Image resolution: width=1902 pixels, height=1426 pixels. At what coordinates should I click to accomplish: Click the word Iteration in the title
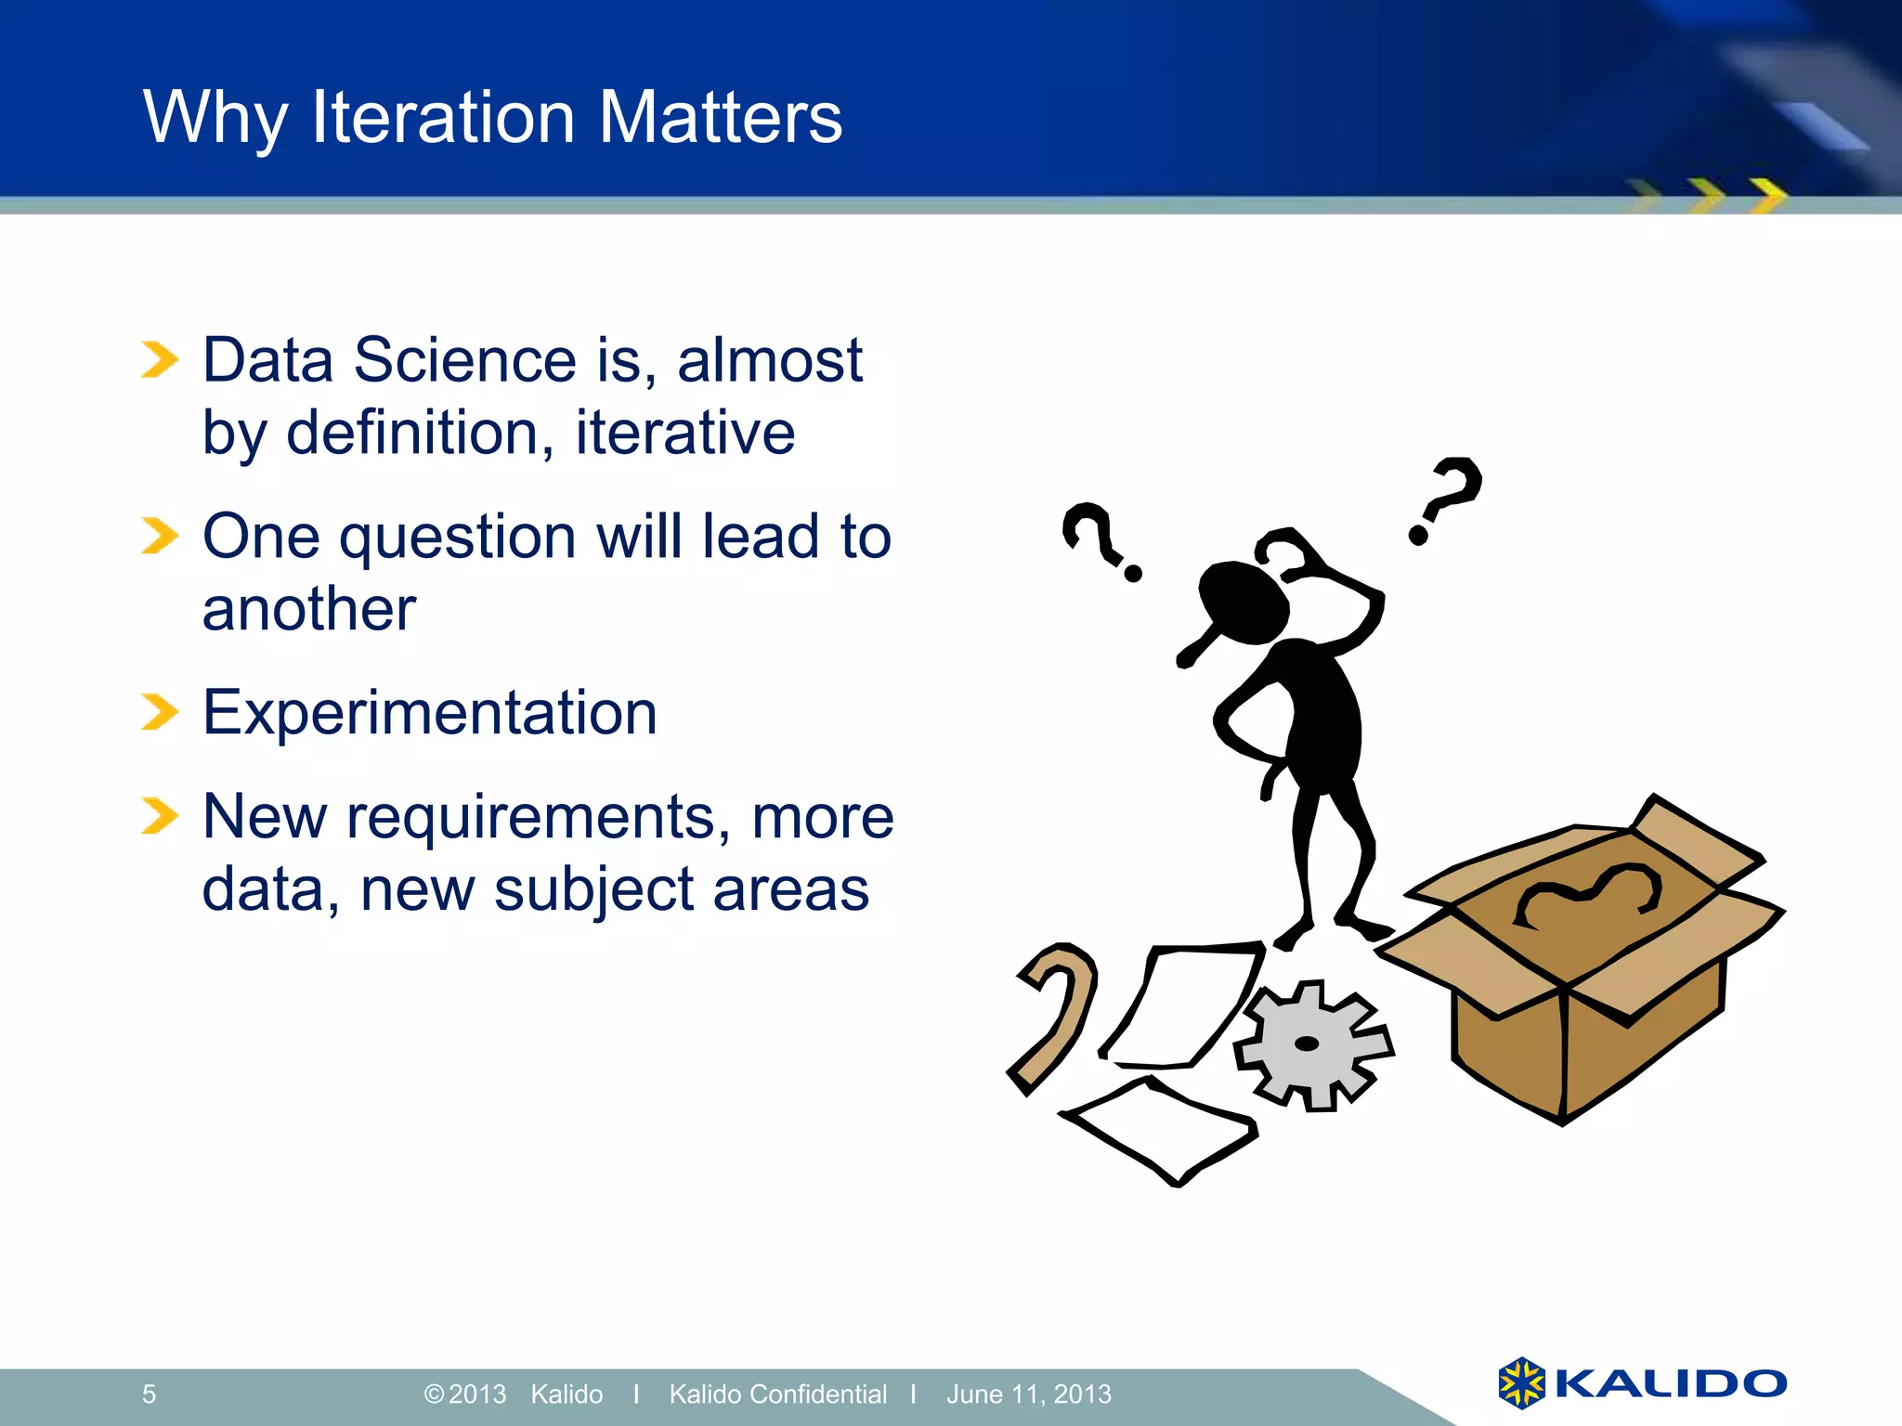443,117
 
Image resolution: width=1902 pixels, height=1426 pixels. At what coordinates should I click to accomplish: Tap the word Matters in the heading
720,117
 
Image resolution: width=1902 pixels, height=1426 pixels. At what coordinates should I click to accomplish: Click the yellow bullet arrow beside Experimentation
159,713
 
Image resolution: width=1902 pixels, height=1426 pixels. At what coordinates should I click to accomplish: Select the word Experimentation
429,713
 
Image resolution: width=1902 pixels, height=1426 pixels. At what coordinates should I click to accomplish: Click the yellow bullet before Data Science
159,360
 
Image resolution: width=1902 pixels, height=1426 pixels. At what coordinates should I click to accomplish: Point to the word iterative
684,433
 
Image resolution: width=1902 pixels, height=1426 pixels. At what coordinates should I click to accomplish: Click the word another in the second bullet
309,610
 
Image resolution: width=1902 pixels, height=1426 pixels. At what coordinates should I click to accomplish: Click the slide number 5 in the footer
149,1394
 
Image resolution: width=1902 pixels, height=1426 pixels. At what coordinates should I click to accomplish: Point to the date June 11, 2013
1028,1394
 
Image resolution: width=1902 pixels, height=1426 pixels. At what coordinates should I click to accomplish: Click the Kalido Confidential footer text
777,1394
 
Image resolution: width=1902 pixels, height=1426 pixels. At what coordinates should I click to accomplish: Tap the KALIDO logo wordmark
1669,1383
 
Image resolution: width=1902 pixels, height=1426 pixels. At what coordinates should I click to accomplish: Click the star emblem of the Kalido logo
1520,1383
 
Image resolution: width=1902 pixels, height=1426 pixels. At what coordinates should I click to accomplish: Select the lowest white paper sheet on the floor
1161,1128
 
